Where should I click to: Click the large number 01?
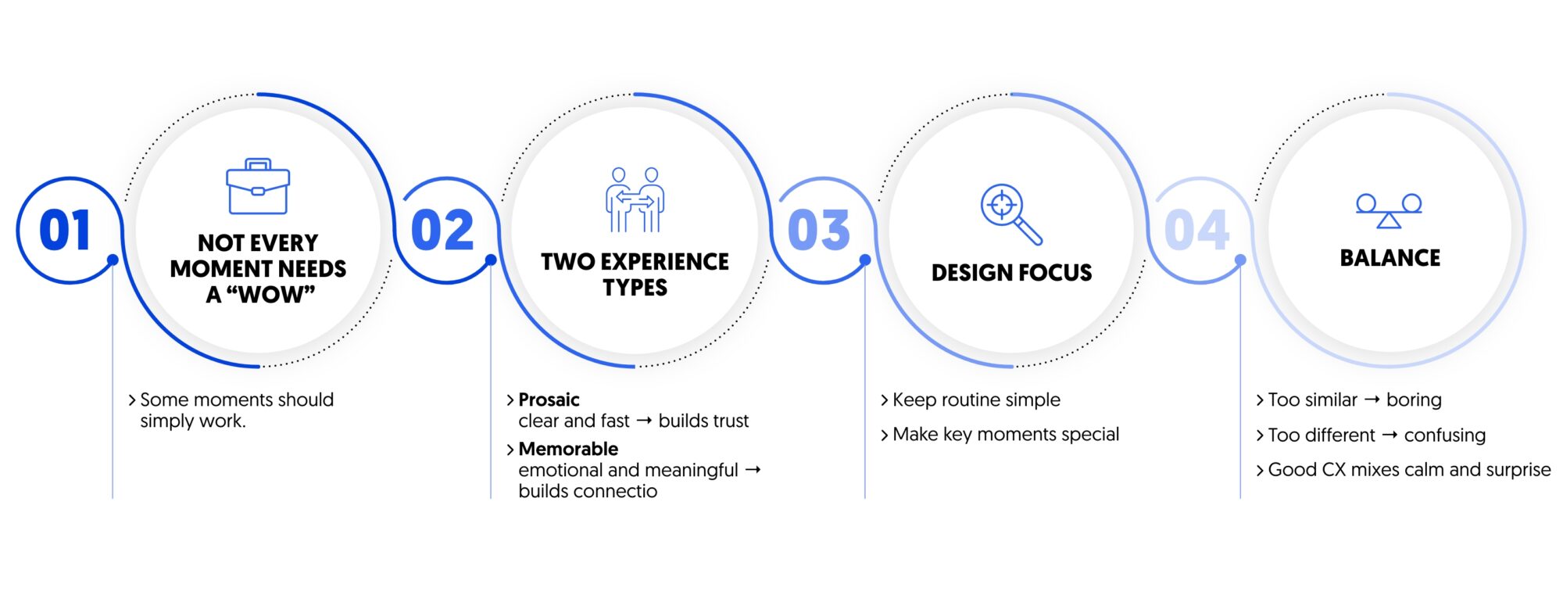pos(65,230)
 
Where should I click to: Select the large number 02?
pos(442,230)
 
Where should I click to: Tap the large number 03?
pos(818,230)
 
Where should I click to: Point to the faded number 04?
pos(1196,230)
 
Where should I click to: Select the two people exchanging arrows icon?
pos(635,199)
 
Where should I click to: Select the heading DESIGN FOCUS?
pos(1011,273)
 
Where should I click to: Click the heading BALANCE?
pos(1390,258)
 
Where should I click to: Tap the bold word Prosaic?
pos(549,400)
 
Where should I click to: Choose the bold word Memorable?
pos(568,449)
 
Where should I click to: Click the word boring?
pos(1414,400)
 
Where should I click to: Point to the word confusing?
pos(1445,435)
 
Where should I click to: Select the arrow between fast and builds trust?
pos(644,421)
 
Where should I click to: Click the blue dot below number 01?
pos(113,260)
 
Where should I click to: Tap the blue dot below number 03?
pos(865,260)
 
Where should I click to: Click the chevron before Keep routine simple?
pos(885,400)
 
